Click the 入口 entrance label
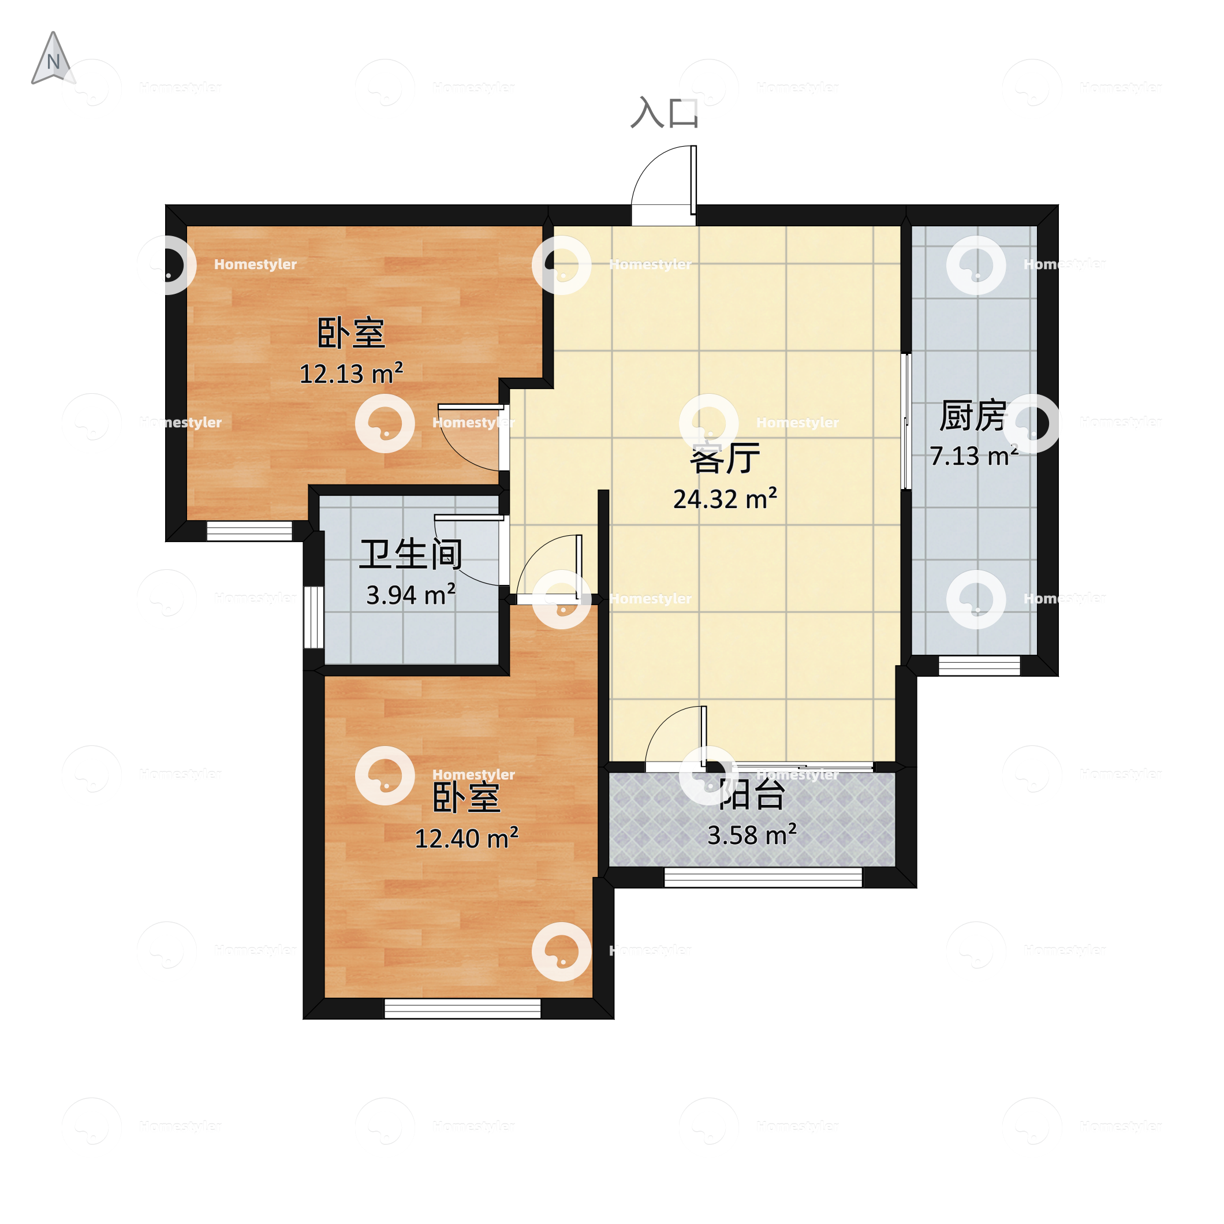click(x=664, y=113)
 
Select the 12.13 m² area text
click(x=351, y=374)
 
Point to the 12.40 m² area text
click(x=467, y=838)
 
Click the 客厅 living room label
click(x=725, y=458)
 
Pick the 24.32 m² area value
click(x=725, y=499)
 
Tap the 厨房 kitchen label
click(x=972, y=416)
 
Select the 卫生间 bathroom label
click(x=411, y=554)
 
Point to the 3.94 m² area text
click(x=411, y=595)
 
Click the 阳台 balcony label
click(x=752, y=794)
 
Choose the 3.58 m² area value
click(x=752, y=835)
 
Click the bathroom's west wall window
click(x=314, y=617)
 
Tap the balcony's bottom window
click(x=763, y=877)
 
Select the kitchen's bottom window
click(x=979, y=666)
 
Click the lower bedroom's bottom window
click(x=462, y=1009)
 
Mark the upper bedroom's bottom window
click(x=249, y=531)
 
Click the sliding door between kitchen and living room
click(x=906, y=421)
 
